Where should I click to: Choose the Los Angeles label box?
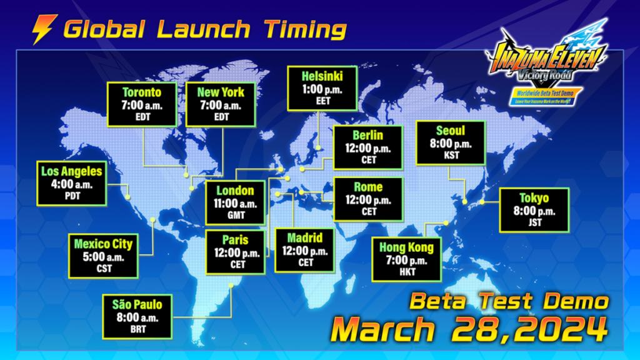pos(72,183)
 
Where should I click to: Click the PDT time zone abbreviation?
pos(72,196)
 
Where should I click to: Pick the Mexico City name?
pos(103,243)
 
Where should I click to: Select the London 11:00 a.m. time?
pos(235,203)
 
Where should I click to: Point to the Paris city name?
pos(235,239)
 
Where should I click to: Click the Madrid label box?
pos(305,250)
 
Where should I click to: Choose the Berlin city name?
pos(368,135)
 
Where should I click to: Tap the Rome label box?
pos(368,199)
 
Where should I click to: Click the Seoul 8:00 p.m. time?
pos(450,143)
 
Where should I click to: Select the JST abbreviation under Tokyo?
pos(534,223)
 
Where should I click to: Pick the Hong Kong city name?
pos(406,247)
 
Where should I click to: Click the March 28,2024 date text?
pos(469,328)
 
